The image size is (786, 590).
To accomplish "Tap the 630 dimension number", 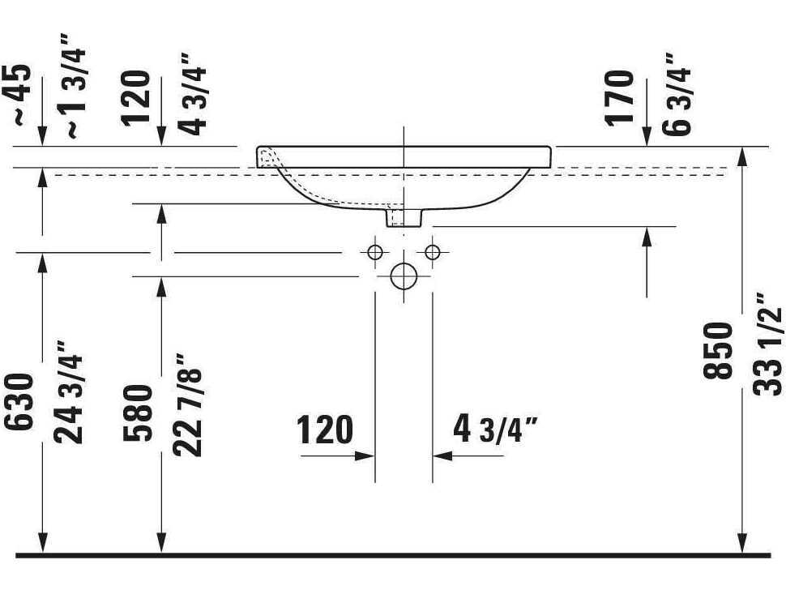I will point(22,403).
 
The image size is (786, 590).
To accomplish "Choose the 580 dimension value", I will point(139,413).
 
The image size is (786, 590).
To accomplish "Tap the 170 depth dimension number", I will point(621,97).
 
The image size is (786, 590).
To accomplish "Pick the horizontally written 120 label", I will point(325,430).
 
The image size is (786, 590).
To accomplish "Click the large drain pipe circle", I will point(403,276).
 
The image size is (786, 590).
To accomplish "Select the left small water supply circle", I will point(374,252).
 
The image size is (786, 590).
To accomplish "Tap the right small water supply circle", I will point(432,252).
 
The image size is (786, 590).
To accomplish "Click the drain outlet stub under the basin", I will point(404,217).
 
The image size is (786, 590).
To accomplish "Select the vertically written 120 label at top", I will point(138,97).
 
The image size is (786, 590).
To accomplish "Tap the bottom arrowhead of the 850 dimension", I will point(742,546).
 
